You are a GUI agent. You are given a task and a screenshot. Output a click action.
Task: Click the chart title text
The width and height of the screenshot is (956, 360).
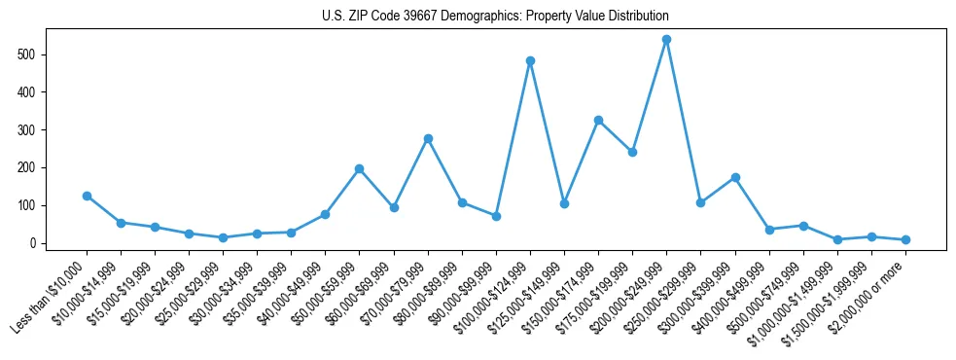[495, 17]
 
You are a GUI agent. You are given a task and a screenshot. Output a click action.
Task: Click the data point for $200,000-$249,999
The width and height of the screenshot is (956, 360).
[666, 40]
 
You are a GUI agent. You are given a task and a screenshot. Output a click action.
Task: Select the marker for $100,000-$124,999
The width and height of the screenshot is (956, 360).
[530, 61]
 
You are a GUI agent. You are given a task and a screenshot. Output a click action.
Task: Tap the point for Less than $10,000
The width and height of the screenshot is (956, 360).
[87, 196]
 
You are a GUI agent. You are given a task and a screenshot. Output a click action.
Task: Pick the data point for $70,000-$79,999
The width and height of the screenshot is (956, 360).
[428, 138]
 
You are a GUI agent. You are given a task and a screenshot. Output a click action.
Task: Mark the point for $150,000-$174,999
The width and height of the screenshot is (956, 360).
[598, 120]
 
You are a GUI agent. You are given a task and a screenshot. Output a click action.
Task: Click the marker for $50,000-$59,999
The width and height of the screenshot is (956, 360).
[360, 168]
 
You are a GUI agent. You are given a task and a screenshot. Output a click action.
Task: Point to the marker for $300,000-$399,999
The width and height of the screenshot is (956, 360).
[735, 177]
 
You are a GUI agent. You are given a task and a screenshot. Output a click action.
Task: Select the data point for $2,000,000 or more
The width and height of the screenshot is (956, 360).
[905, 239]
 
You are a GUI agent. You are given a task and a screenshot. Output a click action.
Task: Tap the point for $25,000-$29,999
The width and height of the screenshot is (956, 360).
[223, 237]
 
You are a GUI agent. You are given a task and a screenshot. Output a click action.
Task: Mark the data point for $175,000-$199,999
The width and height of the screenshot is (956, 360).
[632, 152]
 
